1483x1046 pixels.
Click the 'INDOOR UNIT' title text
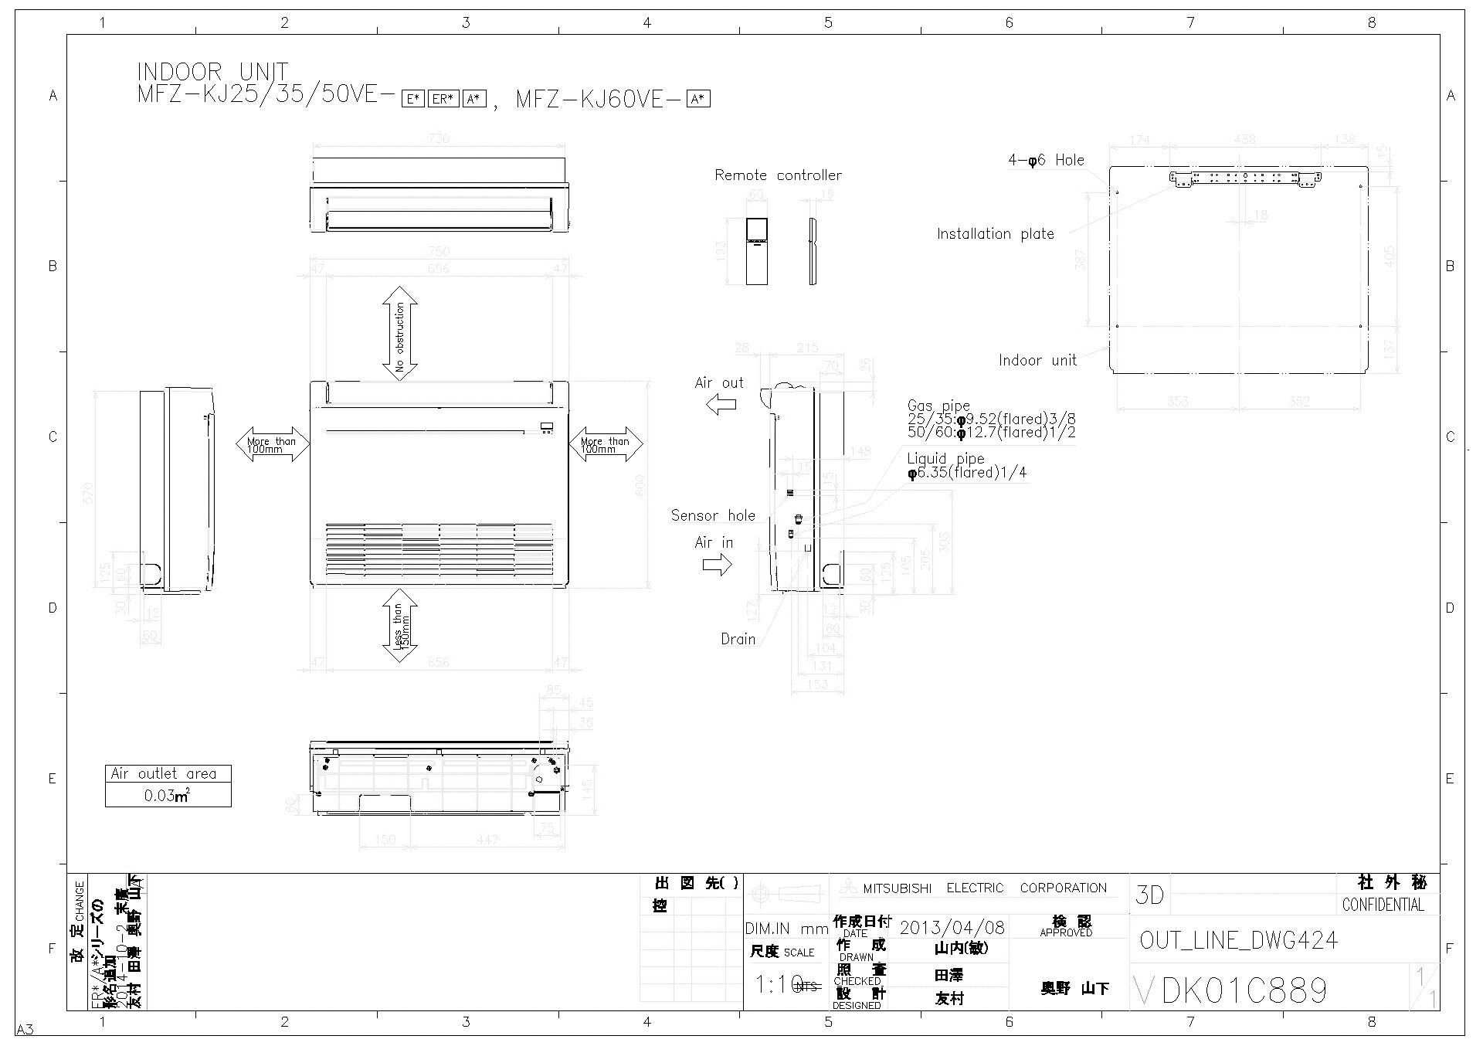(x=212, y=73)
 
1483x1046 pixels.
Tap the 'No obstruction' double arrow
(x=400, y=333)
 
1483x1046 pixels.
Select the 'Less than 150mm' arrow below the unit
(x=400, y=626)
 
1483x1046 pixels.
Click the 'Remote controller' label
(x=778, y=175)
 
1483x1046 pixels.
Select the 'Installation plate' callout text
(x=995, y=234)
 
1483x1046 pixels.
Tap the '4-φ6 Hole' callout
(x=1046, y=161)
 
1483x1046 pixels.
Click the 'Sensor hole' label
(x=713, y=515)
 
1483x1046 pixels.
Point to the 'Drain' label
(x=738, y=639)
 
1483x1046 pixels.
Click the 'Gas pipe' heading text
(x=938, y=406)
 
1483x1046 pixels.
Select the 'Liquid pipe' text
(x=945, y=459)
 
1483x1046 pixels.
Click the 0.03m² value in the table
(x=168, y=796)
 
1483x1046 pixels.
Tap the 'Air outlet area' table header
(x=168, y=773)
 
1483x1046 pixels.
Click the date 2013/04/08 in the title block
(x=952, y=927)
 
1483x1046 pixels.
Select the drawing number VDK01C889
(x=1230, y=990)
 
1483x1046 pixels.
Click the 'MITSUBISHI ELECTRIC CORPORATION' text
(x=984, y=888)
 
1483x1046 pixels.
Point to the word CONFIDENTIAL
(x=1383, y=905)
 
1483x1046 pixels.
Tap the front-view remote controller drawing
(x=757, y=251)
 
